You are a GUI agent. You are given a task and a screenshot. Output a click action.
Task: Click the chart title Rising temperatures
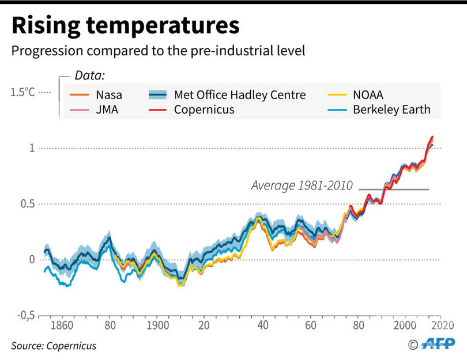[x=125, y=26]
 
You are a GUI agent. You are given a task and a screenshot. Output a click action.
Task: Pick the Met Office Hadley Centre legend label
[x=240, y=95]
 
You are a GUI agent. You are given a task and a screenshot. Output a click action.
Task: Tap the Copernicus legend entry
[x=204, y=109]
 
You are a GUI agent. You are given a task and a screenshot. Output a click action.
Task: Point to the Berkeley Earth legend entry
[x=391, y=109]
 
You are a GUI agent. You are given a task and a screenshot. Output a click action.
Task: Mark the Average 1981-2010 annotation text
[x=302, y=186]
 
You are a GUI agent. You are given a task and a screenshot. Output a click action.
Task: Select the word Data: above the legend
[x=89, y=75]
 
